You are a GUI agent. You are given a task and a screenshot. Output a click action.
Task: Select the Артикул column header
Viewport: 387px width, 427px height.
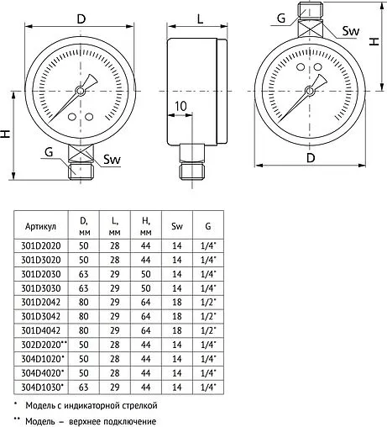40,226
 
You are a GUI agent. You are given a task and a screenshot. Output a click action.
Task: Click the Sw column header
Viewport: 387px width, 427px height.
176,226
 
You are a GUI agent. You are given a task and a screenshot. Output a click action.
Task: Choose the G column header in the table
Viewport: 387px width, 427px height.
207,226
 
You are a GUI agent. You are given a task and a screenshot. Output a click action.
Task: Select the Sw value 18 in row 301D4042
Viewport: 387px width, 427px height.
176,331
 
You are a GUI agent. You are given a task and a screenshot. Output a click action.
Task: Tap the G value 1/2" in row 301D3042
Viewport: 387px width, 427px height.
207,317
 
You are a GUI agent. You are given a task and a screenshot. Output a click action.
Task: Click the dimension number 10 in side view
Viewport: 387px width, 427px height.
180,106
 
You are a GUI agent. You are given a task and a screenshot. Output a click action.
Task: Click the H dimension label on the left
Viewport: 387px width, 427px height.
7,134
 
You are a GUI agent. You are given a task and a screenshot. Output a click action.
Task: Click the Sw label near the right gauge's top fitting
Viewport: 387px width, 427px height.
352,31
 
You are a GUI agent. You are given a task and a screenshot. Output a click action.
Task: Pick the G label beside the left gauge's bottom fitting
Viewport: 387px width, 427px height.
49,151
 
